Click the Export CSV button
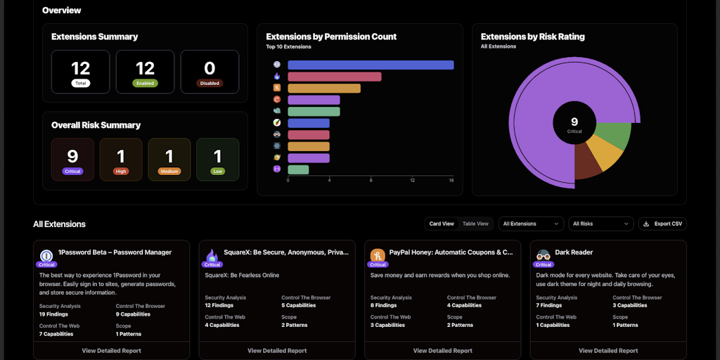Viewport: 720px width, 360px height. (662, 224)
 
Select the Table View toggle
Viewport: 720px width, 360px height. (475, 224)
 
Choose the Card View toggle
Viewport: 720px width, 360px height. (442, 224)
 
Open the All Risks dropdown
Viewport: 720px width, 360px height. (600, 224)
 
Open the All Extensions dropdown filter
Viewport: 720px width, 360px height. (531, 224)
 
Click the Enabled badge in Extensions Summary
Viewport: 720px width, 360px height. (145, 83)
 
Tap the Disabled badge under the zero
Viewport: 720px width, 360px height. (210, 83)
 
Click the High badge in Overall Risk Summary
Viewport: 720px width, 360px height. (121, 171)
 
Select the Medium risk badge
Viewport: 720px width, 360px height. (169, 171)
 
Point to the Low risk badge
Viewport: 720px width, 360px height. (217, 171)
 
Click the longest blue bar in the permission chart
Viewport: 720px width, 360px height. (371, 65)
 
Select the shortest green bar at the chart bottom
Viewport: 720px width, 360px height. (298, 169)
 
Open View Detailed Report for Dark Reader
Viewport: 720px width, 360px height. (608, 350)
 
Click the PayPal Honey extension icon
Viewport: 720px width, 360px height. (378, 255)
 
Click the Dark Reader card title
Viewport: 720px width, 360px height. (574, 252)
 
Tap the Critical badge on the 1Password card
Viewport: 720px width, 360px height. (46, 264)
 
